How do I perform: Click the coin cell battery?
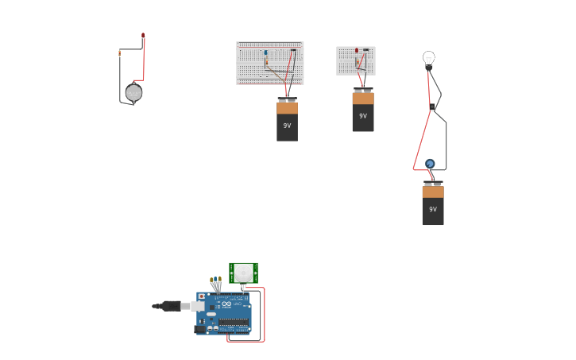(x=133, y=93)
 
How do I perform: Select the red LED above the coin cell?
(x=143, y=36)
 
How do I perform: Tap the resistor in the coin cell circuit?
(x=120, y=53)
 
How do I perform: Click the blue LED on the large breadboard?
(x=265, y=52)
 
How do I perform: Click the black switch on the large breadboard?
(x=292, y=51)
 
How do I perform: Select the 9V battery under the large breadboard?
(x=287, y=120)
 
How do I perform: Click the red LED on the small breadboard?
(x=357, y=51)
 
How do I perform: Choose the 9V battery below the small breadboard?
(x=363, y=110)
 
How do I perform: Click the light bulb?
(x=429, y=58)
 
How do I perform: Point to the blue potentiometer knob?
(x=430, y=164)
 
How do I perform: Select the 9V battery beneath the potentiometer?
(x=433, y=204)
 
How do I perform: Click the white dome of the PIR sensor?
(x=243, y=273)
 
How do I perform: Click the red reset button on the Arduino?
(x=201, y=296)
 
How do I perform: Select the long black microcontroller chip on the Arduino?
(x=234, y=322)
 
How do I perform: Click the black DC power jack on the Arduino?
(x=200, y=328)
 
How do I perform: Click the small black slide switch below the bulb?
(x=432, y=106)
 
